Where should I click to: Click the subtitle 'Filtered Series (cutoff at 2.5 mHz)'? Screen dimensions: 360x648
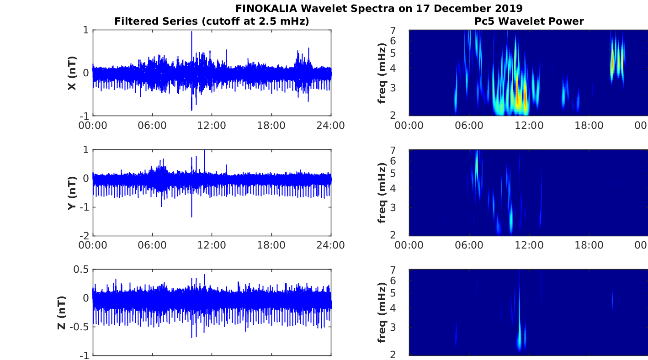pyautogui.click(x=212, y=21)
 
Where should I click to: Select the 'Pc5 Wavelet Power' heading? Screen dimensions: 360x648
pyautogui.click(x=529, y=21)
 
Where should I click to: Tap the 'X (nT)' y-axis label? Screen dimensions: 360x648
pyautogui.click(x=72, y=73)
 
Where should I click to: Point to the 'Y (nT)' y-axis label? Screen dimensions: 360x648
pyautogui.click(x=72, y=193)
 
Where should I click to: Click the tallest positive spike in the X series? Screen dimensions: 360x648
pyautogui.click(x=191, y=32)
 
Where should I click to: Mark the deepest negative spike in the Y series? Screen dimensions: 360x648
pyautogui.click(x=191, y=217)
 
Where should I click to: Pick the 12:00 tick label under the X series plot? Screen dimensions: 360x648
pyautogui.click(x=212, y=125)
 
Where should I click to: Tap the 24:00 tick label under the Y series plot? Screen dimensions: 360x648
pyautogui.click(x=330, y=245)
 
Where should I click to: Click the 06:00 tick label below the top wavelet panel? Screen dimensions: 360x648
pyautogui.click(x=469, y=125)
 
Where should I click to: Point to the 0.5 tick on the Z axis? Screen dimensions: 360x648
pyautogui.click(x=81, y=270)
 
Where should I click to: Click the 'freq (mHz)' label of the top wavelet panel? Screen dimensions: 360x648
pyautogui.click(x=382, y=73)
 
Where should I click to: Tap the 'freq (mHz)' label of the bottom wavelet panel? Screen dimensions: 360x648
pyautogui.click(x=382, y=312)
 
